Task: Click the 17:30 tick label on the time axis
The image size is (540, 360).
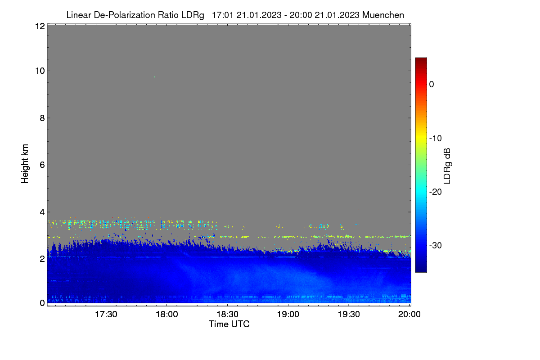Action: [106, 315]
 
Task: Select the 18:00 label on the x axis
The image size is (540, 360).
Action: [167, 315]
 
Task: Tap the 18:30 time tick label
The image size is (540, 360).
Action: [227, 315]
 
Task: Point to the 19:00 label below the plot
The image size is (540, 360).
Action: [288, 315]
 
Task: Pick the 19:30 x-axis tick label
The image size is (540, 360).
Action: [349, 315]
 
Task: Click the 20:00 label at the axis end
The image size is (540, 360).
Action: [409, 315]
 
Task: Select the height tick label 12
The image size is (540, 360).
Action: [40, 26]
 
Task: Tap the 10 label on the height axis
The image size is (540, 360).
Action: [40, 71]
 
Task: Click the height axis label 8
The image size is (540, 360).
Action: [42, 118]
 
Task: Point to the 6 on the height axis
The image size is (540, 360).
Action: [42, 165]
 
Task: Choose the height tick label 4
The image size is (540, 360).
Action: [42, 212]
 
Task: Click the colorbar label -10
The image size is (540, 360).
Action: [436, 139]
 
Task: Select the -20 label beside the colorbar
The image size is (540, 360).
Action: [436, 192]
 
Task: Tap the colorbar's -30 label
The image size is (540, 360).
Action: [436, 245]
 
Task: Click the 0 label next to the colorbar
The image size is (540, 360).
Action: [432, 85]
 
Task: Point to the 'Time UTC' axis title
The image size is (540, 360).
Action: [229, 324]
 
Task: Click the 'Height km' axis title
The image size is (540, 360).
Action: [25, 164]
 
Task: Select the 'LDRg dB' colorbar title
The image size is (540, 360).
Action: [447, 166]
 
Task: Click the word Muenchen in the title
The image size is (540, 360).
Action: [383, 15]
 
